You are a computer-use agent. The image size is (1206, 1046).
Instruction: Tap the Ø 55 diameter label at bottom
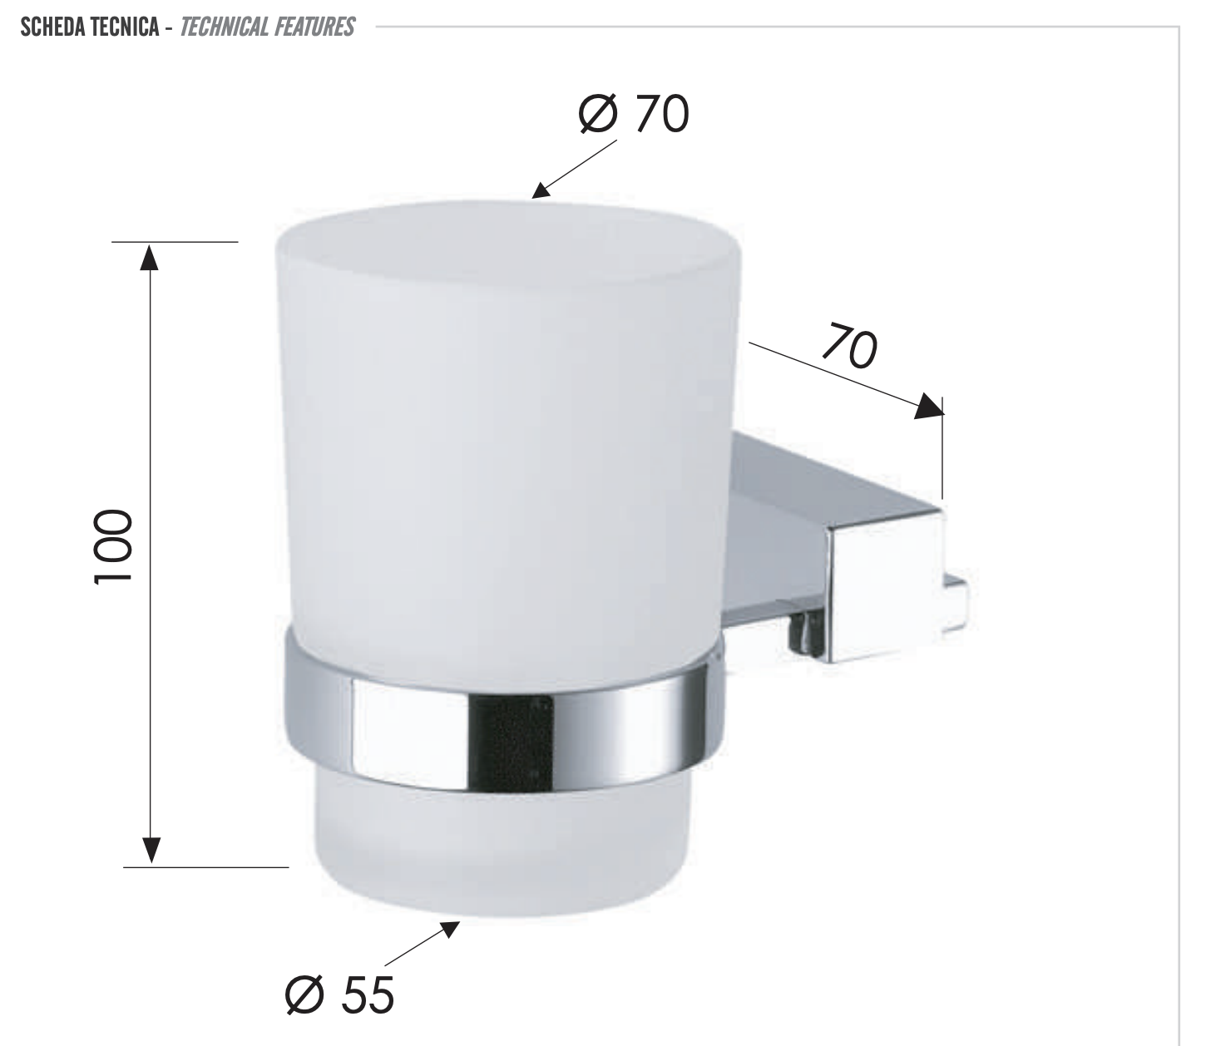[x=339, y=994]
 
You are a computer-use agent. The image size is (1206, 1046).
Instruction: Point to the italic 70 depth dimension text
[x=849, y=348]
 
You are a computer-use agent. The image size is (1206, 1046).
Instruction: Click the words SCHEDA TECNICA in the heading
[x=89, y=27]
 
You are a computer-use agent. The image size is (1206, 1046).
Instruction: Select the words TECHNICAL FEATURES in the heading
[x=267, y=27]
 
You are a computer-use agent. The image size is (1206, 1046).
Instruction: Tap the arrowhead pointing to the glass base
[x=449, y=929]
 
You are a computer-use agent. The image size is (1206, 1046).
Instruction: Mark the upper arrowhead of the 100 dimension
[x=150, y=257]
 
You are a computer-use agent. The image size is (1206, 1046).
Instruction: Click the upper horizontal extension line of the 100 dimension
[x=175, y=242]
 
